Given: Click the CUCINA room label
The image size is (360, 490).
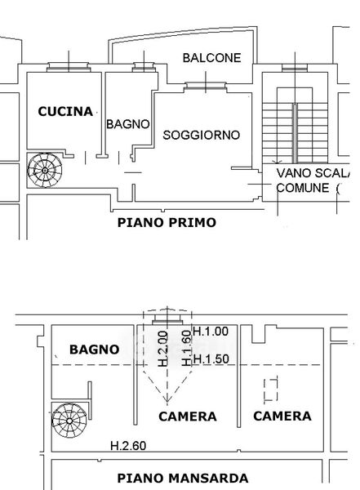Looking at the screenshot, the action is [65, 112].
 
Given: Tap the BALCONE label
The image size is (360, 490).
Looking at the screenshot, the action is [212, 58].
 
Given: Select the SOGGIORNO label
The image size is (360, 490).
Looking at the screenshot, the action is [202, 135].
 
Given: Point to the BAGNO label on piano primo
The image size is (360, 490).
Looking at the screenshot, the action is [128, 124].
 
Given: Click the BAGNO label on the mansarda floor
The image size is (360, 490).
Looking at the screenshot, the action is [95, 350].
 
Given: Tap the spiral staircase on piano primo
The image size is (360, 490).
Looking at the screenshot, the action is [45, 171].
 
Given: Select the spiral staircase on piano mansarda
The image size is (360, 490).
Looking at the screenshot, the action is [69, 421].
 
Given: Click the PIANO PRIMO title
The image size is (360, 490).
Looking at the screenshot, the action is [167, 222].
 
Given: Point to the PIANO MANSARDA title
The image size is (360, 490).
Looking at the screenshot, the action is [183, 478].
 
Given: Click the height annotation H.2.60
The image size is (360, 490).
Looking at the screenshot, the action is [128, 446].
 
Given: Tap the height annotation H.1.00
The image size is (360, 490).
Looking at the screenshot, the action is [211, 332].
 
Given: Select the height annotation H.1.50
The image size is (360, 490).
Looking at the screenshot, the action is [211, 359].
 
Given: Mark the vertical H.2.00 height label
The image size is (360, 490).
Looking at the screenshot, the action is [163, 349].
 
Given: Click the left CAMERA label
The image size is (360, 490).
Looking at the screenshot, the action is [188, 416].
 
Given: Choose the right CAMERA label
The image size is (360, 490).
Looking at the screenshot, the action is [282, 416].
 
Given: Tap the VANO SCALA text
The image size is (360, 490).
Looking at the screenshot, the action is [313, 173].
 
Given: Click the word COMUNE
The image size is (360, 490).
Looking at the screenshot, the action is [303, 188].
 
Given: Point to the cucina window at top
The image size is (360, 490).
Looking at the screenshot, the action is [69, 67].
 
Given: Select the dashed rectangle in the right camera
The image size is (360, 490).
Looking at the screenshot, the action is [271, 390].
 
